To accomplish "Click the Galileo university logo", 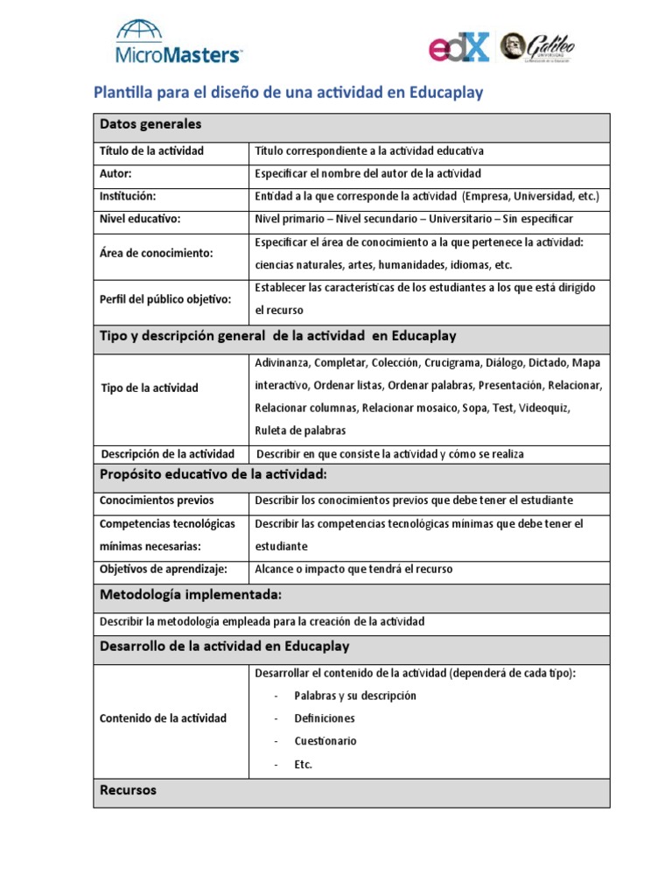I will [536, 46].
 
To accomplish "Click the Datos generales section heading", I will [150, 123].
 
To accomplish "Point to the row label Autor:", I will [115, 173].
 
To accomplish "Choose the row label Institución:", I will [128, 196].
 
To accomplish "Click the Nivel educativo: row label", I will [140, 219].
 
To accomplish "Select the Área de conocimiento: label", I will [157, 253].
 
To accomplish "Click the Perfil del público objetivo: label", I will [165, 299].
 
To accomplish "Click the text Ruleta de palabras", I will [299, 430].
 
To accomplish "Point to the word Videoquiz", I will [545, 408].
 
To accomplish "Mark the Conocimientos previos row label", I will [157, 500].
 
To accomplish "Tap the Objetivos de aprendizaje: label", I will [164, 569].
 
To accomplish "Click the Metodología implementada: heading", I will [191, 595].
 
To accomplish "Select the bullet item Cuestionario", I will [325, 741].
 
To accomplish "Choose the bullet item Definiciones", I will [325, 718].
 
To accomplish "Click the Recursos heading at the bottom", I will [128, 790].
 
